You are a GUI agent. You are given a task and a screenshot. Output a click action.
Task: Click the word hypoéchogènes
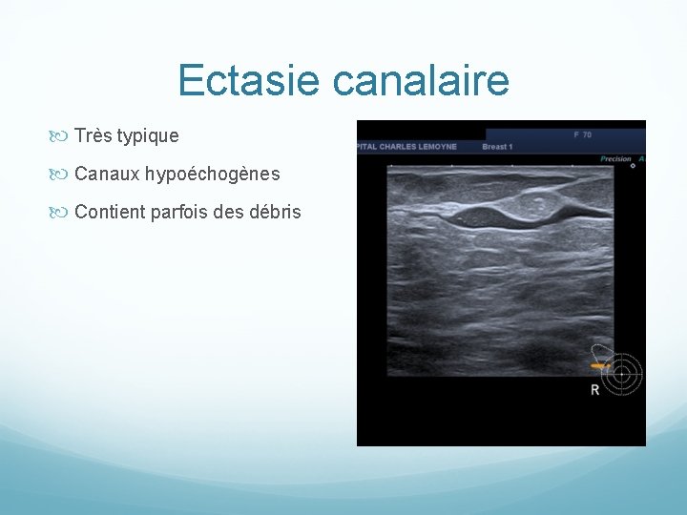pyautogui.click(x=211, y=175)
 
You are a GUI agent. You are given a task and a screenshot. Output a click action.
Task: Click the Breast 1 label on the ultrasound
pyautogui.click(x=498, y=147)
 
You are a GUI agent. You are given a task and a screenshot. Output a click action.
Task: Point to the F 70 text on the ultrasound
pyautogui.click(x=582, y=134)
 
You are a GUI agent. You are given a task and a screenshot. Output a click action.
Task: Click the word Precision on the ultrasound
pyautogui.click(x=615, y=159)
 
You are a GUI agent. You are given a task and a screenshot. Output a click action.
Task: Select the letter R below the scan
pyautogui.click(x=595, y=390)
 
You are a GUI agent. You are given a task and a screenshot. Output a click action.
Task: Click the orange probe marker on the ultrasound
pyautogui.click(x=599, y=365)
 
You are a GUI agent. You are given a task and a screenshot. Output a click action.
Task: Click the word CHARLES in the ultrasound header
pyautogui.click(x=399, y=147)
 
